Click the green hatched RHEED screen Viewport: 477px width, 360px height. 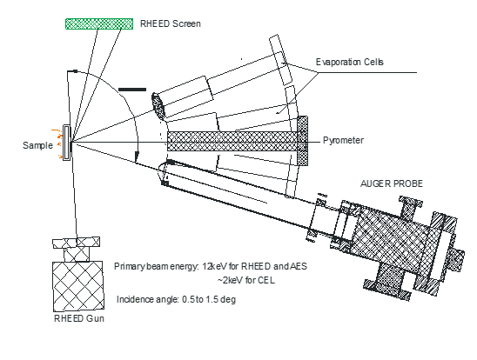click(x=99, y=24)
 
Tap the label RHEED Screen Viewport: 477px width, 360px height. click(x=171, y=23)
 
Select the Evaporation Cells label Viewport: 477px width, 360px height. click(x=350, y=62)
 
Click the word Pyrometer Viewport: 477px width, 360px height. click(x=343, y=140)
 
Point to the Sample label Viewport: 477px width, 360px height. click(x=37, y=145)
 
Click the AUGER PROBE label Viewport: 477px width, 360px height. click(x=392, y=183)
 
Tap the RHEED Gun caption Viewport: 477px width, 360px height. click(x=79, y=318)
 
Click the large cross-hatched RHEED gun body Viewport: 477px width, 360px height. click(x=78, y=286)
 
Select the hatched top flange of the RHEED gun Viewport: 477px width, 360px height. click(x=76, y=243)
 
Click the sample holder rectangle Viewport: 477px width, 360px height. click(x=67, y=143)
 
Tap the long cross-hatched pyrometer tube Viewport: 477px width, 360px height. click(x=232, y=141)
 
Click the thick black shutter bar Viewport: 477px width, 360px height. click(x=132, y=90)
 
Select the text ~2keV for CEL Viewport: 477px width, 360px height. click(x=246, y=280)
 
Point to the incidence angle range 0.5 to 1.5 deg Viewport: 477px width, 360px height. click(x=209, y=299)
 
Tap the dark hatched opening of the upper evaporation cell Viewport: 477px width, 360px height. click(x=158, y=105)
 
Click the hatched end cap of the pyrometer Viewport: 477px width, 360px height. click(x=302, y=141)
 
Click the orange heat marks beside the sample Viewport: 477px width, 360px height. click(x=57, y=143)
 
